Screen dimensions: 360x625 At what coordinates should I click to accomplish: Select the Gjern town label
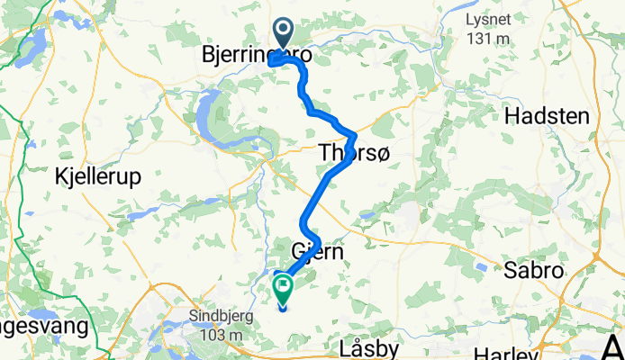318,252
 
